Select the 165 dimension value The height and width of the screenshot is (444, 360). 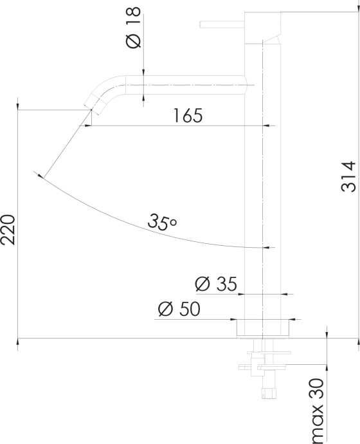pyautogui.click(x=188, y=116)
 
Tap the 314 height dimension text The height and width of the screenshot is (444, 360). pyautogui.click(x=348, y=176)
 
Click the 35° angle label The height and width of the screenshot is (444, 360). pyautogui.click(x=162, y=222)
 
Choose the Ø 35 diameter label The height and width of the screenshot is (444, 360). pyautogui.click(x=216, y=283)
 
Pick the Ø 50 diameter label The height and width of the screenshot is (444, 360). pyautogui.click(x=178, y=309)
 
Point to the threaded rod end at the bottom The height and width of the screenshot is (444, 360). pyautogui.click(x=269, y=392)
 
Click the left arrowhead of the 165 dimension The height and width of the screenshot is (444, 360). pyautogui.click(x=86, y=126)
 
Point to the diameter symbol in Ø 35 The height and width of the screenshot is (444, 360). pyautogui.click(x=201, y=284)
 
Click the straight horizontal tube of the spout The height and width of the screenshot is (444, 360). pyautogui.click(x=193, y=84)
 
